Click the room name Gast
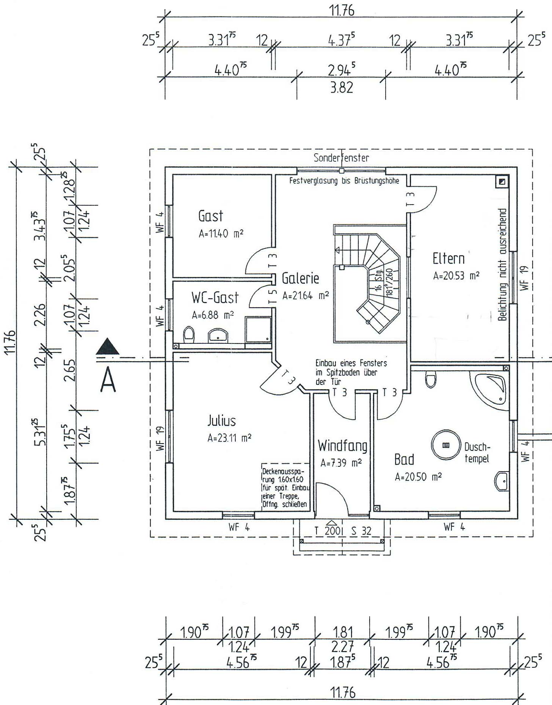click(211, 216)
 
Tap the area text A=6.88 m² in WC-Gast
click(213, 315)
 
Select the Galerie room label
click(300, 279)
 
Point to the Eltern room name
click(448, 259)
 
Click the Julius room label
click(221, 420)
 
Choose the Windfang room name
click(342, 445)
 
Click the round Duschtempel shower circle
click(446, 445)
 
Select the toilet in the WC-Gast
click(189, 335)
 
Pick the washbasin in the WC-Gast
click(218, 335)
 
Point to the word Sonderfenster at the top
click(341, 158)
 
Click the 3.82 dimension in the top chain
click(341, 88)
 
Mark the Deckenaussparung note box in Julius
click(285, 487)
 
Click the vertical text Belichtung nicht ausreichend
click(502, 264)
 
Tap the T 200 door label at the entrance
click(328, 531)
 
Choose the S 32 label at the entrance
click(361, 531)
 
